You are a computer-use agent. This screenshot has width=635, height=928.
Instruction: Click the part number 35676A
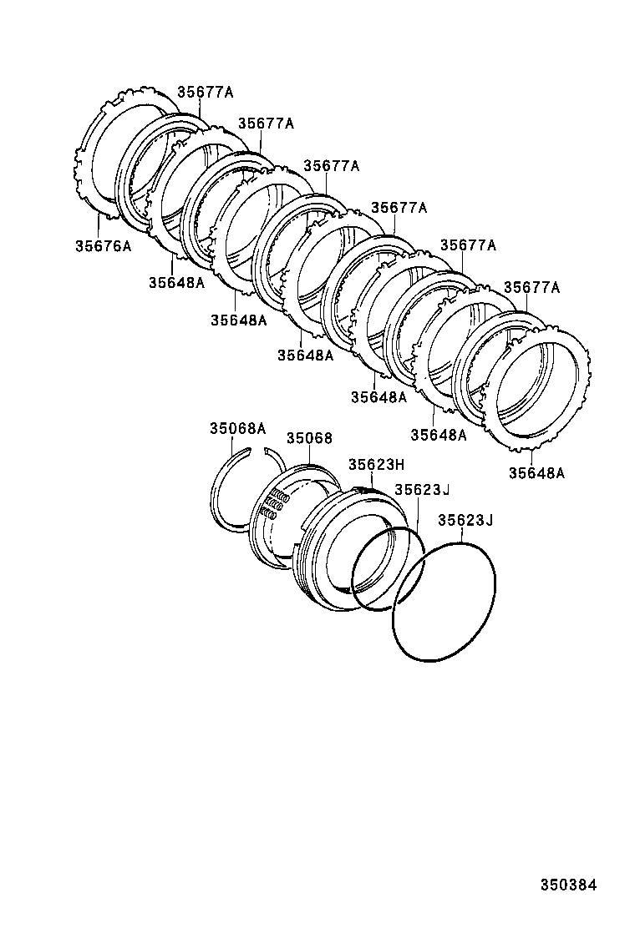104,246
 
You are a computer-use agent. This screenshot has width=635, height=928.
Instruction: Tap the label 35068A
237,429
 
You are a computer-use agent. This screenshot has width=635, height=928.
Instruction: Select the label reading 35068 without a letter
309,438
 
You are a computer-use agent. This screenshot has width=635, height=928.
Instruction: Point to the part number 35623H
376,465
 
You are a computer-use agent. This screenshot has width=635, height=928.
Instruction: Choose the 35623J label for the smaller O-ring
423,490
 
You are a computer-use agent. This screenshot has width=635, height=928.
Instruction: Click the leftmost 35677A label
205,93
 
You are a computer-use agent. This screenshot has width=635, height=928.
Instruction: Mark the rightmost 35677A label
531,288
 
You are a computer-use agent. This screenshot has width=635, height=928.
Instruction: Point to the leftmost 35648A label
176,283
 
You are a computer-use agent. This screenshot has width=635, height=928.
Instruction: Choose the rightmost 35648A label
536,473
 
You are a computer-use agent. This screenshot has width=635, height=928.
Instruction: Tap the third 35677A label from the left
331,166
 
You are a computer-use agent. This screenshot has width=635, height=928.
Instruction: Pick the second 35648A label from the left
238,320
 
